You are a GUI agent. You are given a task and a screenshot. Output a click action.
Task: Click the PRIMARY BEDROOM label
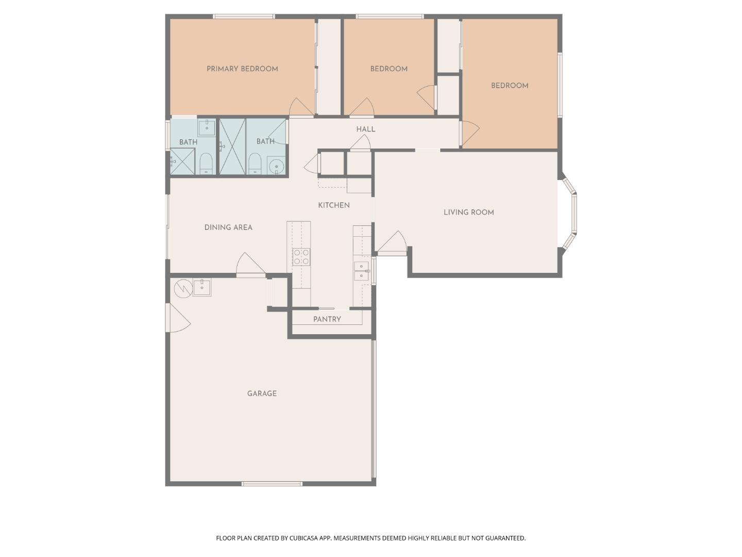[x=242, y=69]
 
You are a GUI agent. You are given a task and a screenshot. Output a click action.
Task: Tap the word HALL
[x=365, y=129]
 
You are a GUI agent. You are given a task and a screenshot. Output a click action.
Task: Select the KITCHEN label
[x=333, y=205]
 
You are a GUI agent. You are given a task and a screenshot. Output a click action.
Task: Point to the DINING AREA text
[x=228, y=227]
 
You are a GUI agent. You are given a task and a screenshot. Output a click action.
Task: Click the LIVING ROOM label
[x=468, y=212]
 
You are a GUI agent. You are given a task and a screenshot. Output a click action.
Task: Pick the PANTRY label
[x=327, y=319]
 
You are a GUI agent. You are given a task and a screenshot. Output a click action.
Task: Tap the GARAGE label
[x=262, y=394]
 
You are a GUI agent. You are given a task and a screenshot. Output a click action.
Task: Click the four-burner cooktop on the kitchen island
[x=301, y=257]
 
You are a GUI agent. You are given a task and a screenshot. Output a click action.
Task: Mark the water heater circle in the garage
[x=182, y=289]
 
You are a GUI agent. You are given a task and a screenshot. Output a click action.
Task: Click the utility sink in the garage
[x=202, y=287]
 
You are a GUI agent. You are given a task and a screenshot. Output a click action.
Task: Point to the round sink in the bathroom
[x=277, y=167]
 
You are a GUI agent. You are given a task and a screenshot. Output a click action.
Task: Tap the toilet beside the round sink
[x=255, y=164]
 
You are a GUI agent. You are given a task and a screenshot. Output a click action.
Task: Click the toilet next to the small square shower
[x=206, y=164]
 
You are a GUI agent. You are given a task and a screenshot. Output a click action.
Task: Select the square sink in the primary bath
[x=207, y=127]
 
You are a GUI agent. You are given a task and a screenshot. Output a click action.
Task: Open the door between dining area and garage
[x=250, y=266]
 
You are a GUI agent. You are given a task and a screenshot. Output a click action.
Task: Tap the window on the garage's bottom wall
[x=272, y=484]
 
